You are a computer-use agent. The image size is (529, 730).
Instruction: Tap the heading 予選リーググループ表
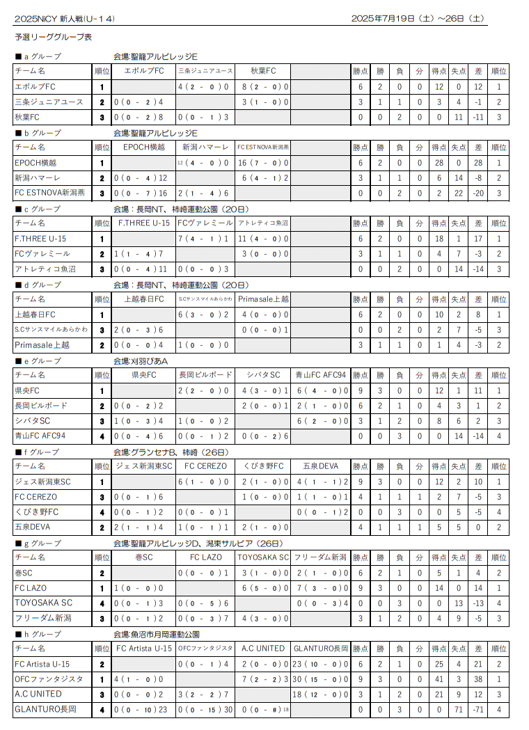(53, 37)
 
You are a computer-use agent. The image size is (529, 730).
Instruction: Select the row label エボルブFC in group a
(35, 87)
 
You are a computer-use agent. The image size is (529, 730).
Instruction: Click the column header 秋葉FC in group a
(263, 71)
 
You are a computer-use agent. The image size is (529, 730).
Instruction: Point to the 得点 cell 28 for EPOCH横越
(439, 163)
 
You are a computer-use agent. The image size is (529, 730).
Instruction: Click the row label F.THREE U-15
(40, 239)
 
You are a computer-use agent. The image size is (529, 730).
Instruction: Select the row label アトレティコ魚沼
(42, 269)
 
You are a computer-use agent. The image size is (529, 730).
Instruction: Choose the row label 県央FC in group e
(27, 391)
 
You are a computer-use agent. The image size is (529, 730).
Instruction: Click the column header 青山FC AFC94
(320, 375)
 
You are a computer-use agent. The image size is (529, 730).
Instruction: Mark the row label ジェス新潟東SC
(42, 482)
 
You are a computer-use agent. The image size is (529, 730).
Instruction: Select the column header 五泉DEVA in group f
(320, 466)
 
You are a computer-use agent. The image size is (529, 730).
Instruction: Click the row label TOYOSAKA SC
(43, 603)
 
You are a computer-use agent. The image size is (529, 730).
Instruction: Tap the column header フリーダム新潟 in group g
(320, 557)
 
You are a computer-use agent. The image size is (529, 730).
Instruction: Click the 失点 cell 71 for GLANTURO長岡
(459, 710)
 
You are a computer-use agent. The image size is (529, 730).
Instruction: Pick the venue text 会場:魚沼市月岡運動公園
(157, 635)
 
